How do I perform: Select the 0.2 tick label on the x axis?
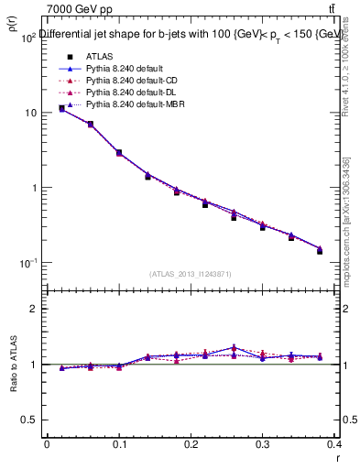(191, 447)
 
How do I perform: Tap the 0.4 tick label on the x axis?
(335, 447)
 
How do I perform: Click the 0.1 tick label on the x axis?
(118, 447)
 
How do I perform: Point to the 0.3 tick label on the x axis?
(263, 447)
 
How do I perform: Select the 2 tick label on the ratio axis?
(32, 309)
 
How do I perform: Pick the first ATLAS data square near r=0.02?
(61, 108)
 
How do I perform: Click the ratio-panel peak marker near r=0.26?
(235, 348)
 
